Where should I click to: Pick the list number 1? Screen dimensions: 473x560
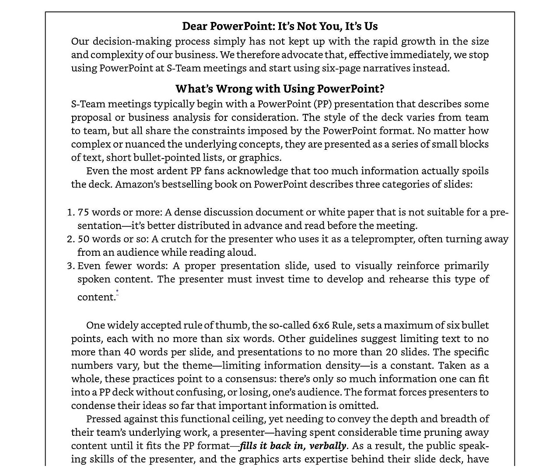click(x=70, y=213)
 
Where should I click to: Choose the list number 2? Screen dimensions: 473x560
click(x=70, y=240)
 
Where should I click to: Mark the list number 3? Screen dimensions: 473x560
click(x=70, y=266)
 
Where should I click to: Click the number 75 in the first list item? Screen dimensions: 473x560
click(x=83, y=212)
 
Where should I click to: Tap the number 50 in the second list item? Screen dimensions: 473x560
click(x=84, y=239)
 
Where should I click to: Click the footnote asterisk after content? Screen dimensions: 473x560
click(x=117, y=291)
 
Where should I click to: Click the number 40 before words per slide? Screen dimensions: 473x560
click(x=130, y=352)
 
